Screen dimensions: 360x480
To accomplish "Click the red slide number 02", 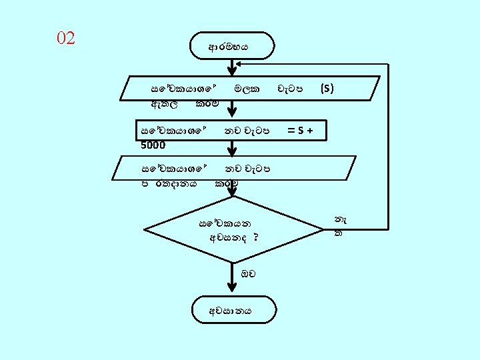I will [66, 38].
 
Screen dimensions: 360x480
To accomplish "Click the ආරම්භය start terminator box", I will [231, 47].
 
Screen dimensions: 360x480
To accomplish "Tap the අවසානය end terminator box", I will [231, 310].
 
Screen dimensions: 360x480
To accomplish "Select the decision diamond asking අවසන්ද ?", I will [233, 231].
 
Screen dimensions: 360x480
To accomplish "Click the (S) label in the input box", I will [327, 88].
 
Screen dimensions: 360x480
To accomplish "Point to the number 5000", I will [153, 144].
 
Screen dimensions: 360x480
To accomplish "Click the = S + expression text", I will [301, 131].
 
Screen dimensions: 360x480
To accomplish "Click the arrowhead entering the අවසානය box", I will [232, 288].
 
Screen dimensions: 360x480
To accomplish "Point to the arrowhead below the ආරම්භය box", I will [232, 69].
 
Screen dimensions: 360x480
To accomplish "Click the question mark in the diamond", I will [256, 237].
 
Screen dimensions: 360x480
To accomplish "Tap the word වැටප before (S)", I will [291, 88].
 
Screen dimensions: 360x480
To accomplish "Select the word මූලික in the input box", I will [246, 88].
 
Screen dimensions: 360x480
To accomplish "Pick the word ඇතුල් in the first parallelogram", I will [164, 103].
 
